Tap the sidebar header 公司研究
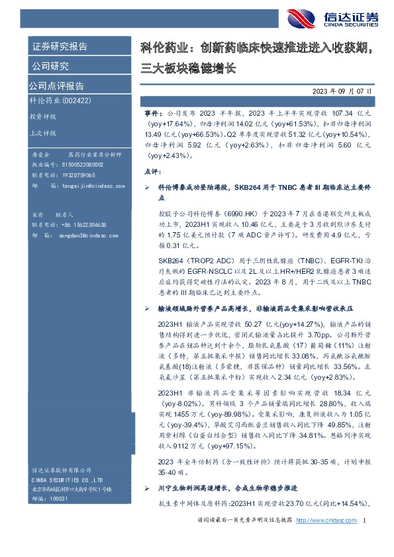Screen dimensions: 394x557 (x=50, y=65)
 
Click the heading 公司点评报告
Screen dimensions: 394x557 (x=56, y=86)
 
